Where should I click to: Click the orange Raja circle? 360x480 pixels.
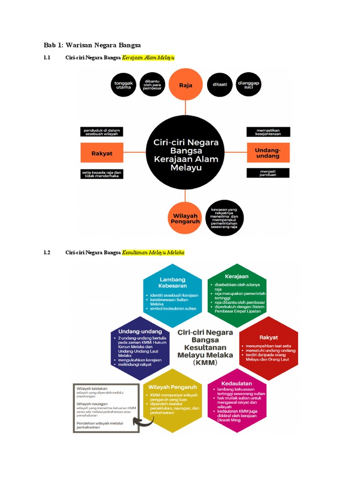186,85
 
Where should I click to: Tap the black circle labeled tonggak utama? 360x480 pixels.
123,85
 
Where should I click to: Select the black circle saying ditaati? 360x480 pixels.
220,85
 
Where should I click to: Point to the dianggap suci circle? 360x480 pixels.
248,85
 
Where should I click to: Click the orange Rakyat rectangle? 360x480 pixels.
102,153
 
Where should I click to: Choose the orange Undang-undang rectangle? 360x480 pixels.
268,153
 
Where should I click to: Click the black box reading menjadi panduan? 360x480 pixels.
268,173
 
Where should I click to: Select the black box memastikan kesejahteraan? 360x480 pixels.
268,132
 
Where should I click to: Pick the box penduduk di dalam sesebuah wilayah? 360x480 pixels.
102,132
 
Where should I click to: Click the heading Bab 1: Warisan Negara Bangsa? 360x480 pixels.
92,45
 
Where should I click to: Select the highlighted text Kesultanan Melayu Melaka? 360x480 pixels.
153,253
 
